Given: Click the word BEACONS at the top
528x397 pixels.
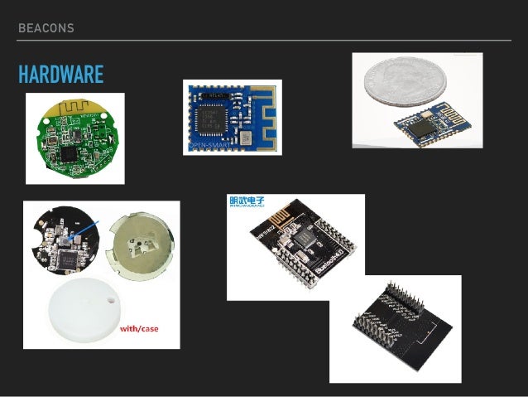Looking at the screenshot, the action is click(x=46, y=28).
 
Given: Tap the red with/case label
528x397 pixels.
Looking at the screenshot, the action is click(x=138, y=329).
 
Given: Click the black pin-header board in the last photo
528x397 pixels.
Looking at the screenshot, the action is click(x=395, y=323).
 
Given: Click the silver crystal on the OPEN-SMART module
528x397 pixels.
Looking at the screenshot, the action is click(x=244, y=137).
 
